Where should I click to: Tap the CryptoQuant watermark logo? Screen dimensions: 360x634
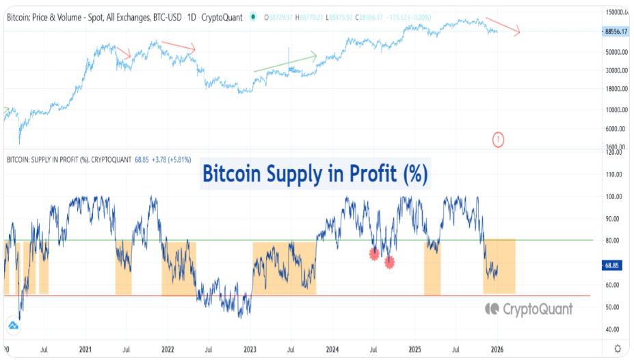(529, 309)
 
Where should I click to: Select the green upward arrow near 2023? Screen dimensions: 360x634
(285, 62)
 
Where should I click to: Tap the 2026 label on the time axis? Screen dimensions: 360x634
(497, 348)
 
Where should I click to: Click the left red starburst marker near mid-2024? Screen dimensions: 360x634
(374, 254)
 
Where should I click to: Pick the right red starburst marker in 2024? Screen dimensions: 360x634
(389, 261)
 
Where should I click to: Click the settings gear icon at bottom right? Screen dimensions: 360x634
(618, 348)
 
